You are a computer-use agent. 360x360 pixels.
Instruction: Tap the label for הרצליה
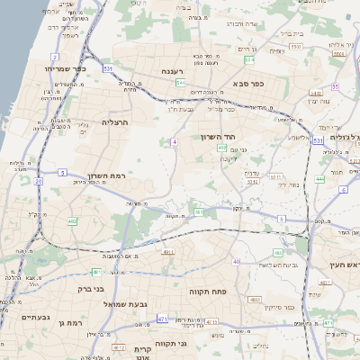tap(117, 121)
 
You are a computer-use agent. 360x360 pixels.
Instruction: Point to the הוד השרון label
tap(219, 138)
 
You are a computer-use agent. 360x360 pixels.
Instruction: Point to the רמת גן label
tap(68, 321)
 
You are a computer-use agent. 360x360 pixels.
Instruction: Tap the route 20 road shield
tap(39, 181)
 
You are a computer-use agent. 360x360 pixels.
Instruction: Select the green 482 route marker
tap(72, 221)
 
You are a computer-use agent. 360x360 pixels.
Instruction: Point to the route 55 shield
tap(335, 86)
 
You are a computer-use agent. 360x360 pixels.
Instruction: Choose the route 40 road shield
tap(237, 262)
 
